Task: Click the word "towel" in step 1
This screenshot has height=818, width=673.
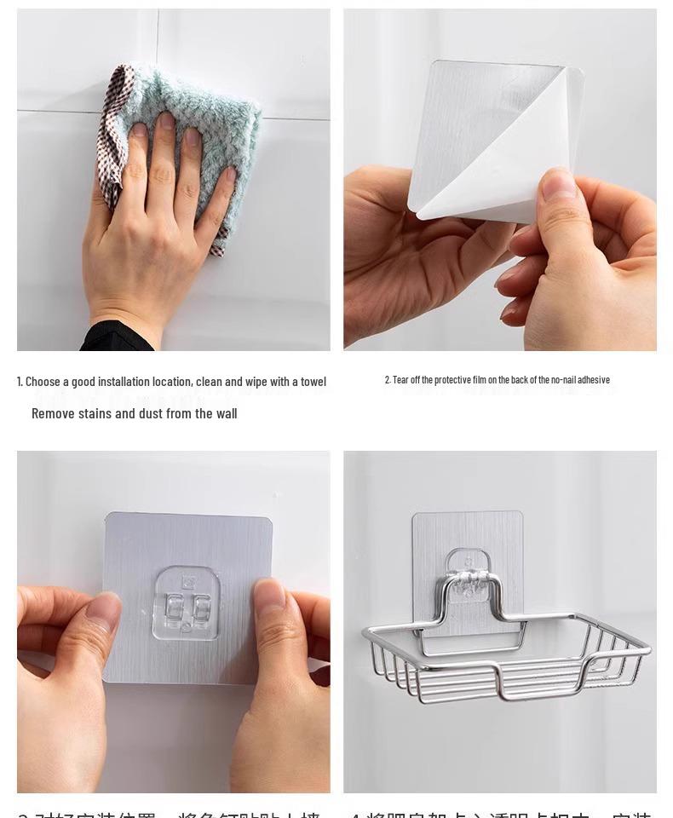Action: click(313, 382)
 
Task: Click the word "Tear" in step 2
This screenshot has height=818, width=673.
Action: click(400, 380)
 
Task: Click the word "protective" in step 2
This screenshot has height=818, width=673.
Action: click(452, 380)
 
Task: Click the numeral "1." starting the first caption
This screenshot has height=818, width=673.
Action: click(20, 382)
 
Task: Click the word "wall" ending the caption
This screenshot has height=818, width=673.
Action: click(226, 413)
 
